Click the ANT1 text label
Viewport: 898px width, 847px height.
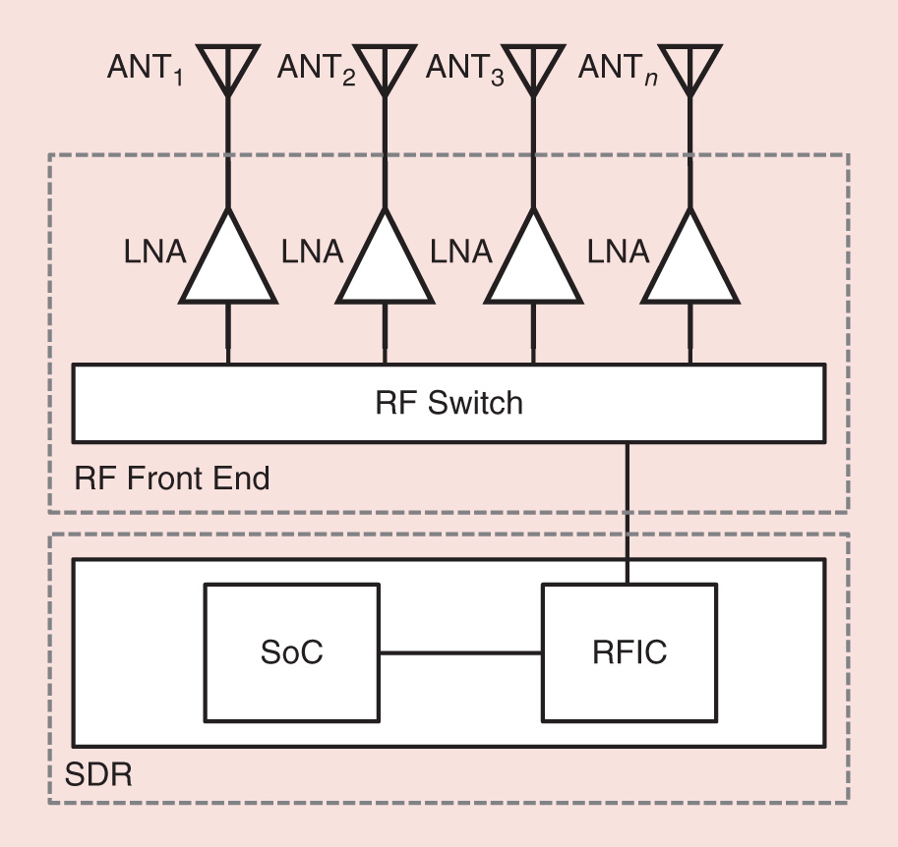[x=146, y=71]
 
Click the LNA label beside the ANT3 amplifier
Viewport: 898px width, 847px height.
[x=461, y=253]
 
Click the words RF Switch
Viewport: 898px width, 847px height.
[x=449, y=403]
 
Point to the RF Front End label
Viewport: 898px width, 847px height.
[x=172, y=480]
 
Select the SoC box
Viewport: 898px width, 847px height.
[x=291, y=653]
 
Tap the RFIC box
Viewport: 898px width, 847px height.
[x=630, y=653]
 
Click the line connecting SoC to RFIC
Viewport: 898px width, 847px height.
[x=460, y=653]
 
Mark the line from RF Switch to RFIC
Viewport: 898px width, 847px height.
[x=628, y=511]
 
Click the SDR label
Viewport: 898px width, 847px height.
[x=98, y=774]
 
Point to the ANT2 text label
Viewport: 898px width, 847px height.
[x=317, y=71]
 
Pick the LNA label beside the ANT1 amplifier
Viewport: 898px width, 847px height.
[x=155, y=253]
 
